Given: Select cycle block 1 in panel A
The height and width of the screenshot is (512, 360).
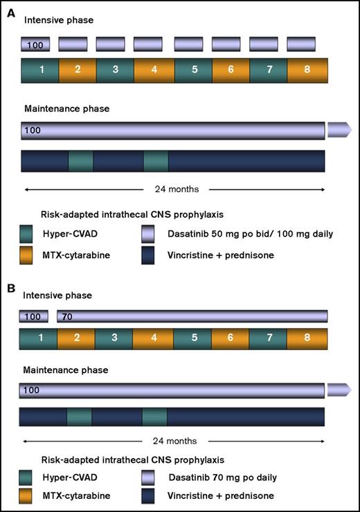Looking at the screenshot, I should point(40,71).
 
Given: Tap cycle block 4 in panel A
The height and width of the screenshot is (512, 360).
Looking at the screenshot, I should point(152,71).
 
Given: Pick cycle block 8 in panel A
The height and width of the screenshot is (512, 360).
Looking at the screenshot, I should point(309,71).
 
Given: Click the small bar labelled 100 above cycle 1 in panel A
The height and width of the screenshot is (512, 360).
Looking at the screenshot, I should point(37,45).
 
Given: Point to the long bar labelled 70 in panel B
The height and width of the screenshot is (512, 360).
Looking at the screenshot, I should point(192,316).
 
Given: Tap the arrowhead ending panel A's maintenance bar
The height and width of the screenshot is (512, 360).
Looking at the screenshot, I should point(339,129).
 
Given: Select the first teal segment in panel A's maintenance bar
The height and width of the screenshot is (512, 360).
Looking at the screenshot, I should point(80,161).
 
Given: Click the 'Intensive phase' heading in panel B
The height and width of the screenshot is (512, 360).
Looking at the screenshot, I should point(55,295).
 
